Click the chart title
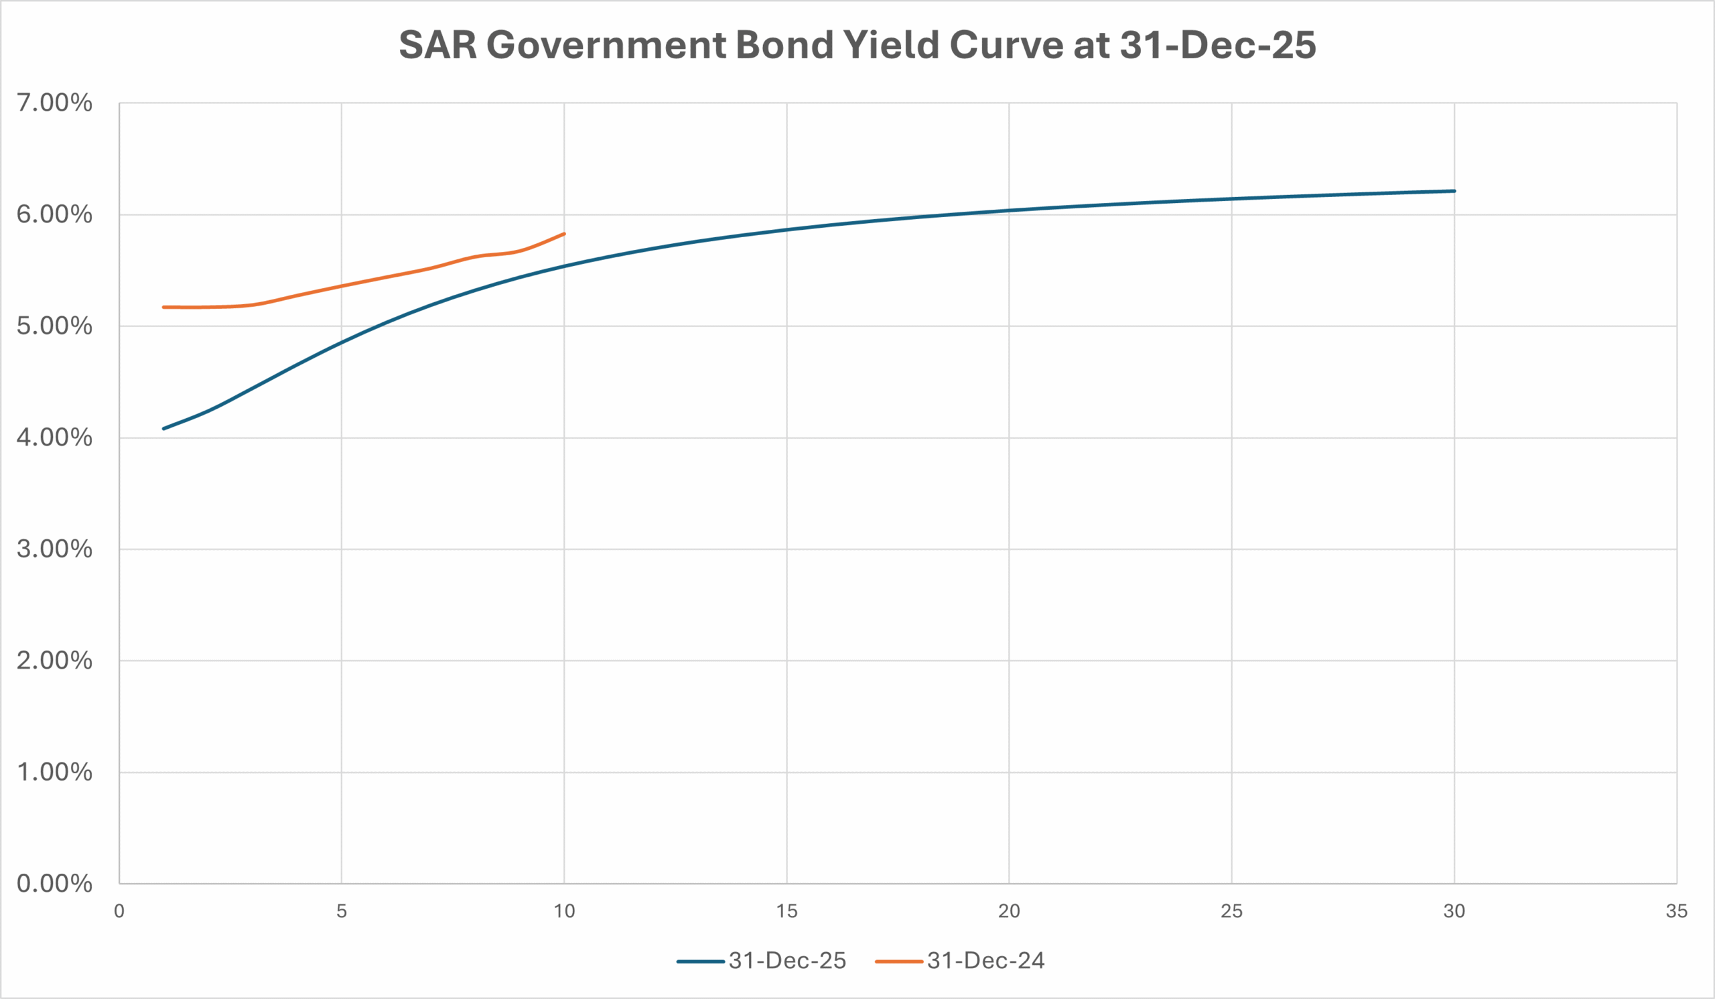coord(857,45)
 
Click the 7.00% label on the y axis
coord(54,103)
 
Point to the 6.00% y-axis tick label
coord(54,214)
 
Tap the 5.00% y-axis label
coord(54,326)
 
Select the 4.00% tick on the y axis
coord(54,438)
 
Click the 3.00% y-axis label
coord(54,549)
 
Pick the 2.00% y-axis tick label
coord(54,661)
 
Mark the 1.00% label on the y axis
coord(54,773)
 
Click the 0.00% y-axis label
coord(54,884)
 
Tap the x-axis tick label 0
coord(119,911)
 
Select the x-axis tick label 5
coord(342,911)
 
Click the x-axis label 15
coord(786,911)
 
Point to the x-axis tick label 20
coord(1009,911)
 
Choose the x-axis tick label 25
coord(1231,911)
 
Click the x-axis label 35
coord(1676,911)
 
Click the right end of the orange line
coord(564,233)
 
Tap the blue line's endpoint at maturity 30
coord(1454,190)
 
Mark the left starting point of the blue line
coord(163,429)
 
